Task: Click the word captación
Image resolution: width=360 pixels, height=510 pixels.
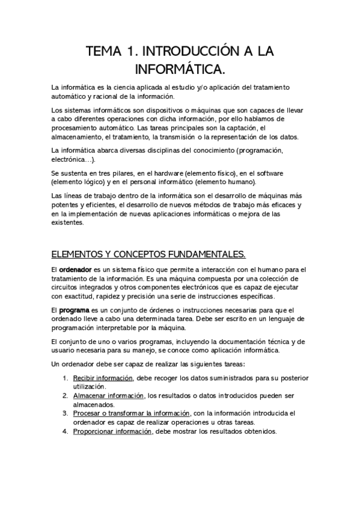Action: [240, 128]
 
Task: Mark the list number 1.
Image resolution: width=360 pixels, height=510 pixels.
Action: [65, 378]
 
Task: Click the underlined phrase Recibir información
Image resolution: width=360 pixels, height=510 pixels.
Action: [103, 378]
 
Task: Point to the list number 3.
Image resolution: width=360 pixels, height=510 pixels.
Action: [65, 413]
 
